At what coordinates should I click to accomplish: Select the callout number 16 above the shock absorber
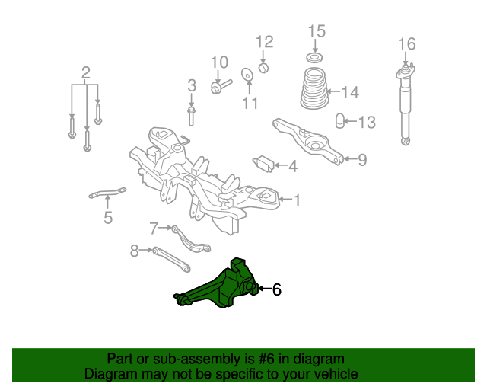[x=407, y=44]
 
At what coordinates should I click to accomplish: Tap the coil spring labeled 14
[x=314, y=88]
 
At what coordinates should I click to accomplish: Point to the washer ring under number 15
[x=314, y=58]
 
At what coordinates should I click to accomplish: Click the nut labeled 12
[x=263, y=68]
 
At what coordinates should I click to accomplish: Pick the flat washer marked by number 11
[x=247, y=75]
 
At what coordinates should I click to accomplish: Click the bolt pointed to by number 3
[x=191, y=116]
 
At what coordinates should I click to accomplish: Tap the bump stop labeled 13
[x=340, y=120]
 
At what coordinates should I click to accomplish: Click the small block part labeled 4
[x=263, y=164]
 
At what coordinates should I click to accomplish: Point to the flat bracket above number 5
[x=107, y=193]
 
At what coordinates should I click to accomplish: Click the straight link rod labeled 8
[x=171, y=260]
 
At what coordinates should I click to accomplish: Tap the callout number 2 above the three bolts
[x=86, y=73]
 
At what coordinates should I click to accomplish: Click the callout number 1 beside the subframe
[x=297, y=200]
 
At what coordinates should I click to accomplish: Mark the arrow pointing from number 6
[x=264, y=289]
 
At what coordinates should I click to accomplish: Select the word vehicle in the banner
[x=339, y=373]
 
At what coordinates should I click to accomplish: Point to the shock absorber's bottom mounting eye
[x=406, y=142]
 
